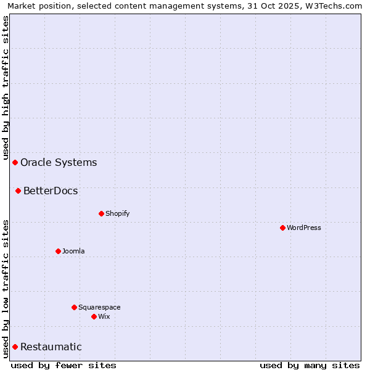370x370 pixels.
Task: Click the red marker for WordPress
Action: pyautogui.click(x=282, y=228)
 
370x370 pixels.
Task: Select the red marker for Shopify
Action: pyautogui.click(x=101, y=213)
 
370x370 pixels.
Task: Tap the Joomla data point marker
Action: pyautogui.click(x=58, y=251)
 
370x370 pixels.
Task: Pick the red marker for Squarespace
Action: pyautogui.click(x=74, y=307)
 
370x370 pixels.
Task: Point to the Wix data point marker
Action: pyautogui.click(x=94, y=316)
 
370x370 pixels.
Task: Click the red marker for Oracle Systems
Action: pyautogui.click(x=15, y=162)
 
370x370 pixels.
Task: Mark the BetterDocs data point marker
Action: pyautogui.click(x=18, y=191)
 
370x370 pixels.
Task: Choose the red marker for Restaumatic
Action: pyautogui.click(x=15, y=347)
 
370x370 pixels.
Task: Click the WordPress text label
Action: pyautogui.click(x=304, y=228)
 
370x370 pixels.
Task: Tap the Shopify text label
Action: pyautogui.click(x=117, y=213)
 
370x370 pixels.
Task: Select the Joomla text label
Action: pyautogui.click(x=73, y=251)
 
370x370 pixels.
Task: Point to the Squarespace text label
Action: pyautogui.click(x=99, y=307)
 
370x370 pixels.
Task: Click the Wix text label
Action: pyautogui.click(x=104, y=316)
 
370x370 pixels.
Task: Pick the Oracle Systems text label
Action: pyautogui.click(x=59, y=162)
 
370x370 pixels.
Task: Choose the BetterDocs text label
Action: pyautogui.click(x=51, y=191)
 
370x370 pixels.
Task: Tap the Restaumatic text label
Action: pyautogui.click(x=51, y=347)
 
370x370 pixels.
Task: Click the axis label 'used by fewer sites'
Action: pyautogui.click(x=64, y=365)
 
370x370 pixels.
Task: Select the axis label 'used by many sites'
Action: pyautogui.click(x=310, y=365)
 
